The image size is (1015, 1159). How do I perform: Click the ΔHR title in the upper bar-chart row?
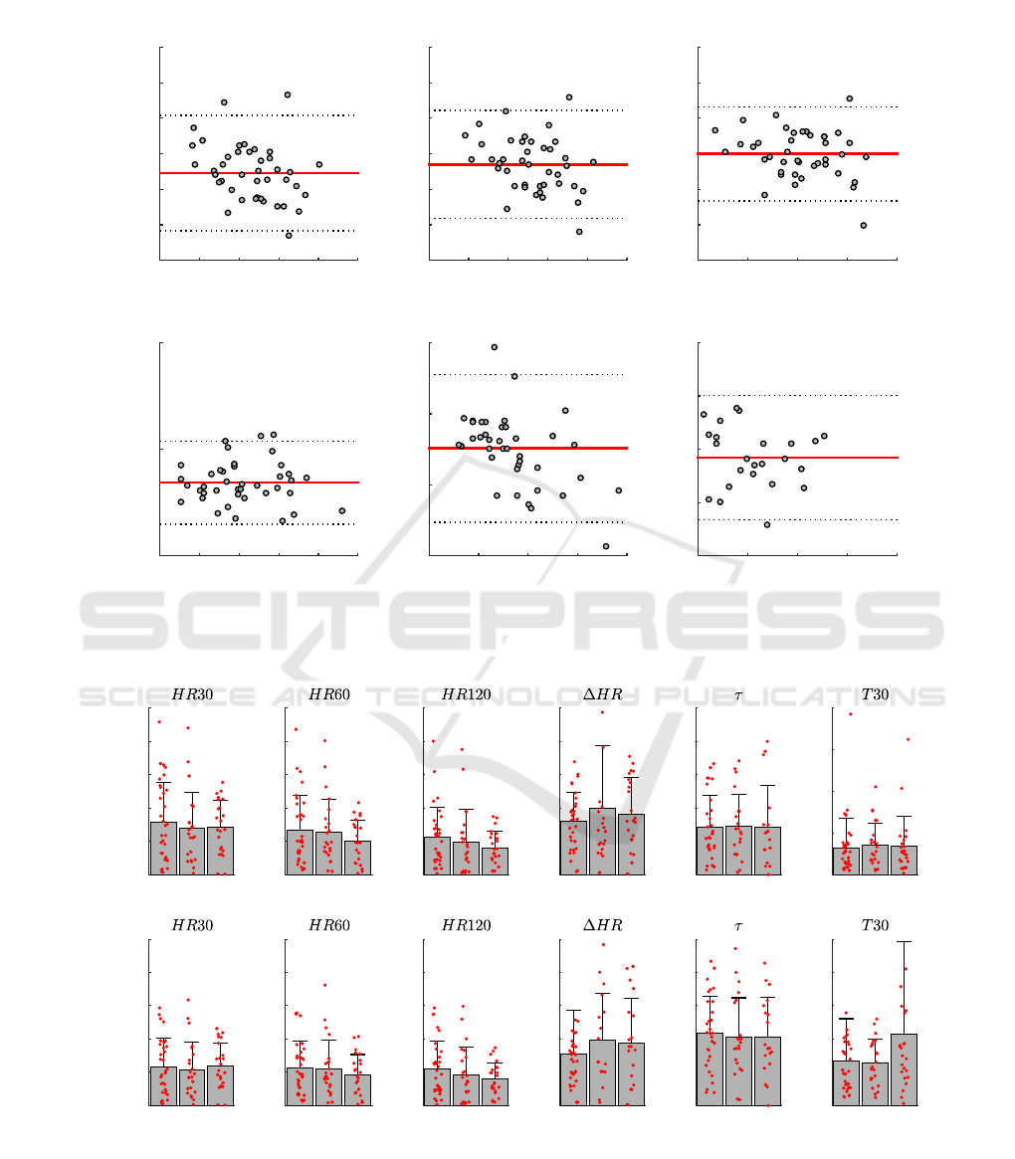(602, 694)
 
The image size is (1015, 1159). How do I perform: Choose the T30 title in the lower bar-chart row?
(875, 925)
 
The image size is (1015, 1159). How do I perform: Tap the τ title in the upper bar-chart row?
(738, 694)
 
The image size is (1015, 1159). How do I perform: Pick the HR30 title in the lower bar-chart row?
(192, 925)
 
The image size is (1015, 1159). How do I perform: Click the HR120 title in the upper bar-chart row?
(466, 694)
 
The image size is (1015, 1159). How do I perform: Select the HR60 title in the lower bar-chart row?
(328, 925)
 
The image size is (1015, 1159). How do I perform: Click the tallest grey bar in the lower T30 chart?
(904, 1069)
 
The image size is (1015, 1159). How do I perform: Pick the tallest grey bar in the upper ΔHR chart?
(602, 842)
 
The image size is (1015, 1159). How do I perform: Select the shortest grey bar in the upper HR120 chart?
(495, 862)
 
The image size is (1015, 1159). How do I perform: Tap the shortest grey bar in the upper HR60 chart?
(357, 858)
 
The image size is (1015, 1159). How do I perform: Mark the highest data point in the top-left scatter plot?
(288, 95)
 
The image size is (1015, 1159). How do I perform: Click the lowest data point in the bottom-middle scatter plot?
(606, 546)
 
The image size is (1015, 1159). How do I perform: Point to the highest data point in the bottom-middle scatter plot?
(495, 347)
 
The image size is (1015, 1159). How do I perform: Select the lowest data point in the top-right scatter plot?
(864, 226)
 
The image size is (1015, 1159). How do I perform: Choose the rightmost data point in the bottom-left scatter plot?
(342, 510)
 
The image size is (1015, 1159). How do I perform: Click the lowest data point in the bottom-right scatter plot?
(767, 524)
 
